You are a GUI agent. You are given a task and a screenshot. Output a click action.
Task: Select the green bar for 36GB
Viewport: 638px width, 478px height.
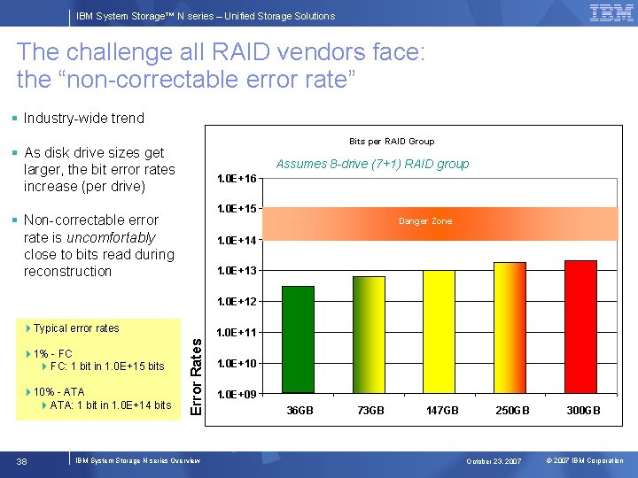(298, 340)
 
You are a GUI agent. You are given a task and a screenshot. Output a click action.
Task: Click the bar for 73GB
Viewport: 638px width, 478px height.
(369, 335)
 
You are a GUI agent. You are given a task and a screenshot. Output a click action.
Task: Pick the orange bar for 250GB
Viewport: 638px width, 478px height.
(510, 328)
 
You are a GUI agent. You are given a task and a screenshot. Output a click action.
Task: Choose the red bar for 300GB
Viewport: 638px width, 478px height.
(580, 327)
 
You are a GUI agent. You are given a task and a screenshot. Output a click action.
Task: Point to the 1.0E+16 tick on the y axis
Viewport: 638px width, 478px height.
(237, 179)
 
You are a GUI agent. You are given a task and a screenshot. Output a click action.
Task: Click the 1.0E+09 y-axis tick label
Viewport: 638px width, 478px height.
(237, 394)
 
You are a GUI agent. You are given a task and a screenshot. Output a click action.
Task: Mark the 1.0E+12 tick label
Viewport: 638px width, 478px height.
(237, 302)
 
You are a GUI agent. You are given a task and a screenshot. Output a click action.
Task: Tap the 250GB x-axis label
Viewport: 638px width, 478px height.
(512, 411)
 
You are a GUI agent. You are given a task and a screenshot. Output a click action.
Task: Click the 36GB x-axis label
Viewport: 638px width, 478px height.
(300, 411)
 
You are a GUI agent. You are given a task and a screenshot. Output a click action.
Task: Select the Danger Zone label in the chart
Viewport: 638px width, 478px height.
(425, 221)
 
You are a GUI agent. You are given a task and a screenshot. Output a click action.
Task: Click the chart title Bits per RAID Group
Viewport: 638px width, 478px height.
(392, 142)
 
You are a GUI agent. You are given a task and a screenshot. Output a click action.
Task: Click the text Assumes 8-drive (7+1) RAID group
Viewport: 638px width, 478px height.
(372, 164)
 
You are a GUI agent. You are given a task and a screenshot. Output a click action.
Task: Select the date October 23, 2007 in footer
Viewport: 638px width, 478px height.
(495, 461)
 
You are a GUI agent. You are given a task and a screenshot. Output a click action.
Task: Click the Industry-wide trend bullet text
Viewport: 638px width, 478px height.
(83, 118)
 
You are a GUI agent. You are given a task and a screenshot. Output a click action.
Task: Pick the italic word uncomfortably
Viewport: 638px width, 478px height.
(115, 237)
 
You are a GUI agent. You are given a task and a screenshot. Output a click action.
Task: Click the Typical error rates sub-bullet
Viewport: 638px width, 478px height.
(76, 328)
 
